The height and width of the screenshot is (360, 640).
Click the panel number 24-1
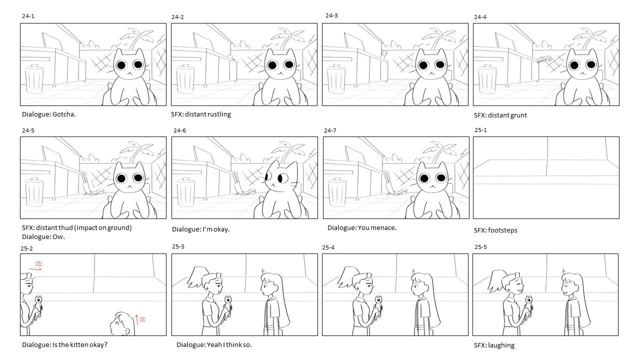[x=28, y=16]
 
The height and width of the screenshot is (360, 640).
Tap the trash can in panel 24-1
[x=34, y=78]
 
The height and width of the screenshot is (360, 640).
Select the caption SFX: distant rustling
[x=201, y=114]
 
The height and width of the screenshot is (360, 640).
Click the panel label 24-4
[x=480, y=17]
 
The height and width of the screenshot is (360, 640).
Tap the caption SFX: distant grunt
[x=500, y=115]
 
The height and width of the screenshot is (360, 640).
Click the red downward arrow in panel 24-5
[x=92, y=183]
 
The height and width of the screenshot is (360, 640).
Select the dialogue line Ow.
[x=59, y=237]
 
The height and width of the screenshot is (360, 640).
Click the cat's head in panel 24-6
[x=281, y=175]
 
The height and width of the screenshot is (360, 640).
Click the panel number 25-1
[x=480, y=130]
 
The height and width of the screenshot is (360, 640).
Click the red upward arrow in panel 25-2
[x=137, y=320]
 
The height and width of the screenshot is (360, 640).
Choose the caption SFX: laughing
[x=494, y=345]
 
